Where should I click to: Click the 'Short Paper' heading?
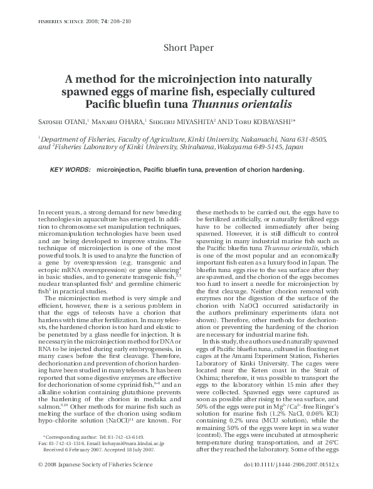coord(188,48)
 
